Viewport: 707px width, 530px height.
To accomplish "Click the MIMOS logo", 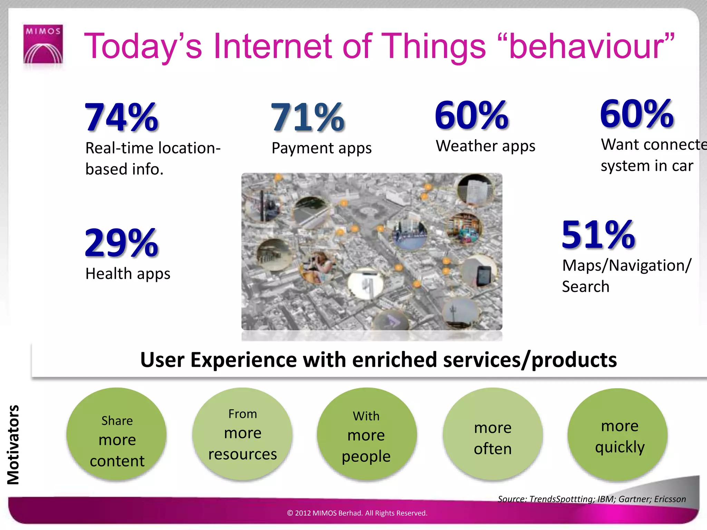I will click(43, 44).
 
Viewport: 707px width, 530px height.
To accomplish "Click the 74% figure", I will click(122, 117).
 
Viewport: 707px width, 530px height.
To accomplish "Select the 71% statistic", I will click(308, 117).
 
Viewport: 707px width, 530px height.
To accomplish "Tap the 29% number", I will click(122, 243).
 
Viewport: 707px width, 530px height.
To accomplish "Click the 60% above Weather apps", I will click(472, 115).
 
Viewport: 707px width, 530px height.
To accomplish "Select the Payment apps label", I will click(321, 148).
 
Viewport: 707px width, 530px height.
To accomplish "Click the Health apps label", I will click(128, 274).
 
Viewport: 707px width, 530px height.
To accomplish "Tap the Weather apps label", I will click(485, 146).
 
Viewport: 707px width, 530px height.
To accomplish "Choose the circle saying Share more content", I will click(117, 434).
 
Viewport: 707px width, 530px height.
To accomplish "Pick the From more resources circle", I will click(242, 434).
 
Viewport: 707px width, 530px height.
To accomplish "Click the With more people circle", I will click(366, 434).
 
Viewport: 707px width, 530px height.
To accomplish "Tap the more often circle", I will click(493, 434).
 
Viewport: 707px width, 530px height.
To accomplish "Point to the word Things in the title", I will click(434, 46).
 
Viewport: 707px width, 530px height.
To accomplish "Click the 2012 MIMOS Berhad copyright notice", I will click(357, 513).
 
